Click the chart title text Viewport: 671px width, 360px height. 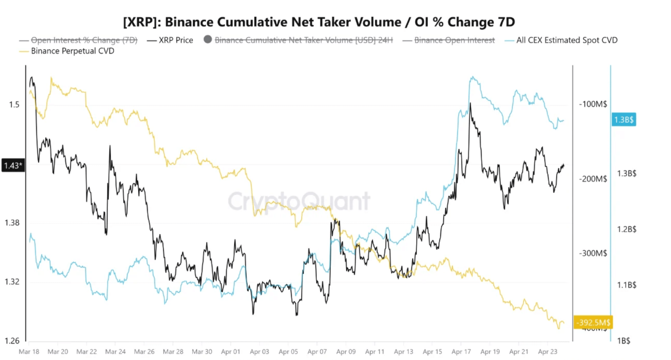point(319,22)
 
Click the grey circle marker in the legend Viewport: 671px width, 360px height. point(208,40)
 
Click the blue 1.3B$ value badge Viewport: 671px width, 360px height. point(623,120)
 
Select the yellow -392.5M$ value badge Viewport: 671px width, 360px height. point(593,322)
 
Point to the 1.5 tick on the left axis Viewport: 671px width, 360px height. point(14,105)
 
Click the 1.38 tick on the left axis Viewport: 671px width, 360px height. point(12,223)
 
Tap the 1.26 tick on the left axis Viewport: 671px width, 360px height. point(12,341)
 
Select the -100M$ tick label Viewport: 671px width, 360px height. point(593,104)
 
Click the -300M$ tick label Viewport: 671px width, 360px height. point(593,253)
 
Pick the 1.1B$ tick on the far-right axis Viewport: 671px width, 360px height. point(626,285)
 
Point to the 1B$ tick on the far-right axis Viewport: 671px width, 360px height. point(623,341)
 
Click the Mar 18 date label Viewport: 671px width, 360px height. point(29,352)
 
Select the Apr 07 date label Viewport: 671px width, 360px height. point(317,352)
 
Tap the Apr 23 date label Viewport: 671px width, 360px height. point(547,352)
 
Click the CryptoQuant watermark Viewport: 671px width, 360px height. point(299,201)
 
